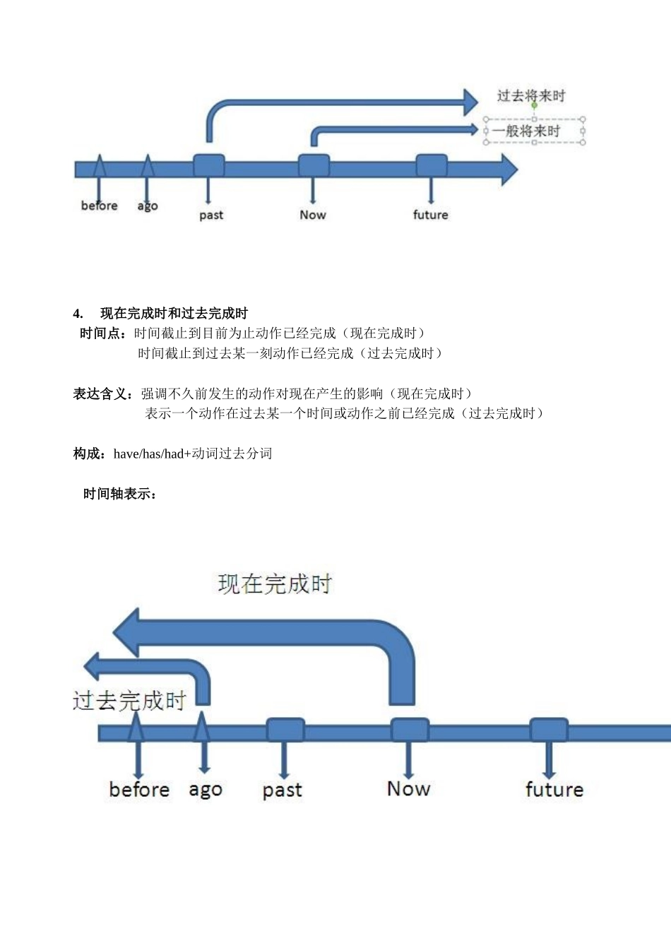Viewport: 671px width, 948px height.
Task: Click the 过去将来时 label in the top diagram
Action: (x=531, y=96)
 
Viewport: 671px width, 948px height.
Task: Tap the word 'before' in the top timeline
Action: (x=99, y=206)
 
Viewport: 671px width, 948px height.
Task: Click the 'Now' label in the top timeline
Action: (x=312, y=215)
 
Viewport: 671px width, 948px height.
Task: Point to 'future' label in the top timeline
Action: (x=430, y=215)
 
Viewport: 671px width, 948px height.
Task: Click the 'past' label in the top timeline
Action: (x=210, y=215)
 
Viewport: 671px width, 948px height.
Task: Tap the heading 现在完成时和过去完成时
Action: (x=174, y=314)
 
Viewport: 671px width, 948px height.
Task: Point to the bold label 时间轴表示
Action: (x=119, y=494)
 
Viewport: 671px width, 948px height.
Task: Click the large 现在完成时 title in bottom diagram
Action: (x=274, y=584)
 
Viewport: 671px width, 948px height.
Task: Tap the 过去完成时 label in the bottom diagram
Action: (x=129, y=701)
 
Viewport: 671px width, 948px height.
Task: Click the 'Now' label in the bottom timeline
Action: (x=408, y=788)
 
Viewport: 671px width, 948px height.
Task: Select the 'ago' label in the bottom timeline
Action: (x=205, y=790)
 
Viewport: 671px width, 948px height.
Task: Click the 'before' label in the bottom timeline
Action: (x=139, y=789)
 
